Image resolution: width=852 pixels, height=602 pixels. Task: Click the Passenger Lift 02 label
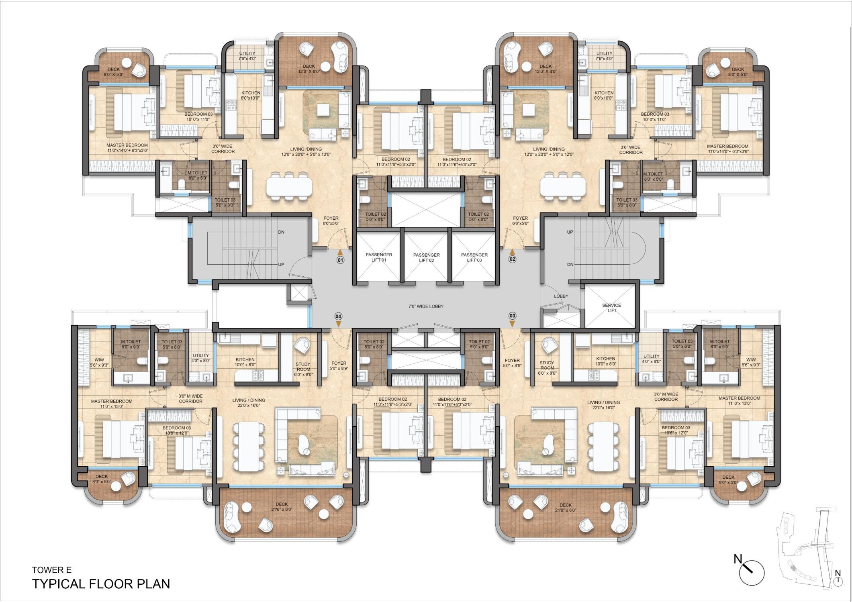coord(426,257)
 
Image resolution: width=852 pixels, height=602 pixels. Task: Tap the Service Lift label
coord(611,308)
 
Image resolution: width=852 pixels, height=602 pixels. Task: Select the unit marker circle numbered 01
coord(340,260)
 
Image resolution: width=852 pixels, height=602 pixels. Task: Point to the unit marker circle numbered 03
coord(512,316)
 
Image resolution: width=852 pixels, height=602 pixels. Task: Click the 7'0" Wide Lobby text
coord(426,306)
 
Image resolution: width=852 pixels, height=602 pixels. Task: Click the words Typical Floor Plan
coord(101,584)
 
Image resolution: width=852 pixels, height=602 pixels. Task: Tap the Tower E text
coord(52,569)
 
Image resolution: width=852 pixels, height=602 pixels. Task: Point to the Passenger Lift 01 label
coord(379,257)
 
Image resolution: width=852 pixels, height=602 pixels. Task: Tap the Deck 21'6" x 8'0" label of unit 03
coord(565,507)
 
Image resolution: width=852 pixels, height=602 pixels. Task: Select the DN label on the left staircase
coord(281,232)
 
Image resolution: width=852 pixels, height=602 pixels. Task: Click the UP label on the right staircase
coord(570,232)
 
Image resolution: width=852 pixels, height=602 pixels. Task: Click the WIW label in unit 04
coord(99,362)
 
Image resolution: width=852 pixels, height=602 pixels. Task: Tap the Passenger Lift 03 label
coord(474,257)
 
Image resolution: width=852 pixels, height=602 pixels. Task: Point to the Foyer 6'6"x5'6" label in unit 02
coord(520,220)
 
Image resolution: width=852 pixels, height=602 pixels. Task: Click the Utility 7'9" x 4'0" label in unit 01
coord(247,56)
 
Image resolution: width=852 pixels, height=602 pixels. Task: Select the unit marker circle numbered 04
coord(338,316)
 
